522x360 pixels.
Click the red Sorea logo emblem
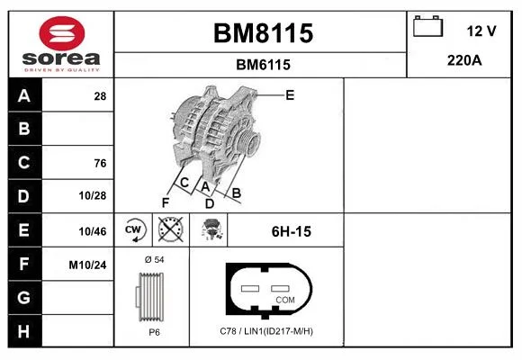(62, 33)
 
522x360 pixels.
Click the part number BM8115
(263, 33)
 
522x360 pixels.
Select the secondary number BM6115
(263, 65)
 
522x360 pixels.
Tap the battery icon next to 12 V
(427, 26)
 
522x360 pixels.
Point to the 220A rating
(464, 60)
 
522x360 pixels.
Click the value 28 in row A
(100, 96)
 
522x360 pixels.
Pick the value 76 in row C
(100, 163)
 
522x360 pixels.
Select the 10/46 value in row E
(93, 231)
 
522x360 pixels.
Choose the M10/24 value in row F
(87, 265)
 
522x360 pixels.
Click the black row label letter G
(24, 297)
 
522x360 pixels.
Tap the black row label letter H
(23, 331)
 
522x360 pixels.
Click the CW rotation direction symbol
(133, 229)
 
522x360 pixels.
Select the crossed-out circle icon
(170, 229)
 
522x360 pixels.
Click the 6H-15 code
(292, 231)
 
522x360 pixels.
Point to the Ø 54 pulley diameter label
(155, 260)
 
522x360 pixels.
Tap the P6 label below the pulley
(154, 332)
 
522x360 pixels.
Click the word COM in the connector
(285, 300)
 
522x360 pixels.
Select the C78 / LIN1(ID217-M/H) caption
(266, 331)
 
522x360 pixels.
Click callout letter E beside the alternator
(290, 95)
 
